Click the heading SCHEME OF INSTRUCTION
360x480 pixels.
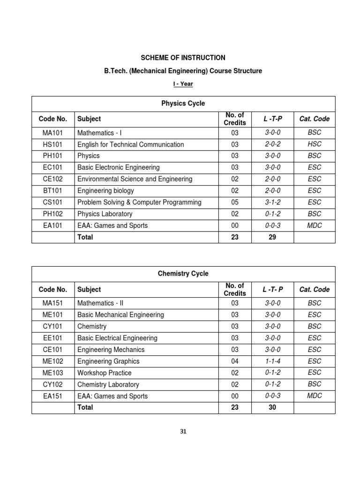pyautogui.click(x=183, y=58)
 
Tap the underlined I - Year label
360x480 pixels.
pyautogui.click(x=183, y=84)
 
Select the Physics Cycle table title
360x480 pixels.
pyautogui.click(x=183, y=103)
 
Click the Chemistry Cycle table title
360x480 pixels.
pyautogui.click(x=183, y=273)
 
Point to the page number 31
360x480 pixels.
pyautogui.click(x=183, y=432)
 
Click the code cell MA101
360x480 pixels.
pyautogui.click(x=53, y=133)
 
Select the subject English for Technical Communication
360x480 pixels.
pyautogui.click(x=130, y=144)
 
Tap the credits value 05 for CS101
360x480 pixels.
pyautogui.click(x=235, y=202)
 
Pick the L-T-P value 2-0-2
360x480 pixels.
pyautogui.click(x=272, y=144)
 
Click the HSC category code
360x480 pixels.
pyautogui.click(x=314, y=144)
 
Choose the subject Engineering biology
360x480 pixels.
pyautogui.click(x=105, y=191)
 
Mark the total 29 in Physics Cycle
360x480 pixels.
pyautogui.click(x=272, y=237)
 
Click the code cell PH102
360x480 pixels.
pyautogui.click(x=53, y=214)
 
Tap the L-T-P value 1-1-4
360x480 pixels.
pyautogui.click(x=272, y=361)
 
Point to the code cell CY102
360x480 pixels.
pyautogui.click(x=53, y=384)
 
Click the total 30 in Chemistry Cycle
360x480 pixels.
pyautogui.click(x=272, y=407)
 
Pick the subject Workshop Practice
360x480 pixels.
pyautogui.click(x=104, y=373)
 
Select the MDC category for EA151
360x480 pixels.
pyautogui.click(x=314, y=396)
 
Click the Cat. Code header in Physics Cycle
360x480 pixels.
pyautogui.click(x=314, y=119)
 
